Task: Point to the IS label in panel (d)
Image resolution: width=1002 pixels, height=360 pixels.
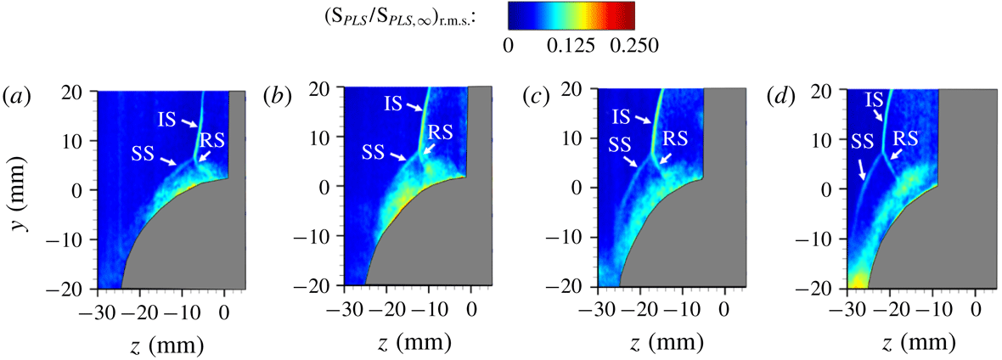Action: [875, 101]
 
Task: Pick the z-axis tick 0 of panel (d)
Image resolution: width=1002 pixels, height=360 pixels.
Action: [976, 310]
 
